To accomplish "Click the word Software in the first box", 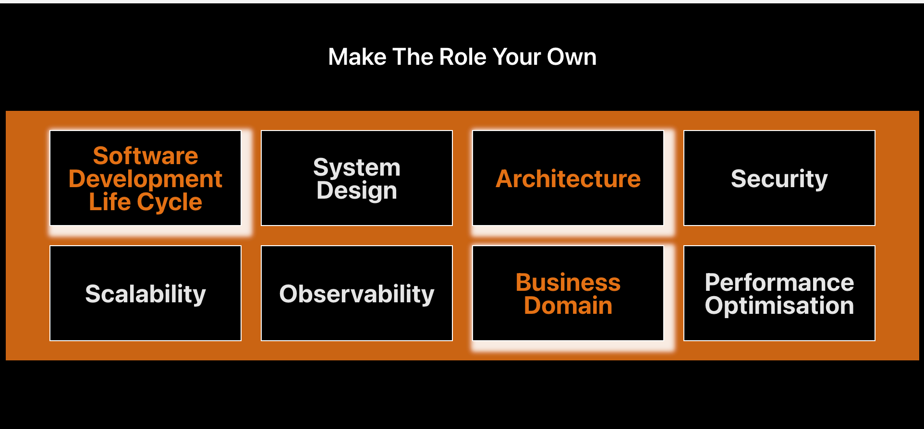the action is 146,156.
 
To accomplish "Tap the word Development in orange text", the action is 146,179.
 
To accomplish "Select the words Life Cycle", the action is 146,202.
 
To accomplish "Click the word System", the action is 357,167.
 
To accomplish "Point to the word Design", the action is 357,191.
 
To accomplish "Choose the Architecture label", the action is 568,179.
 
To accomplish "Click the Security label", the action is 779,179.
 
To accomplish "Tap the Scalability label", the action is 146,294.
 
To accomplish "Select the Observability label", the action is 357,294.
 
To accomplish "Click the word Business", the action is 568,282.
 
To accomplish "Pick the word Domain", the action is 568,306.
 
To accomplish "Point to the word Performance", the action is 779,282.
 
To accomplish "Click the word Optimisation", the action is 779,306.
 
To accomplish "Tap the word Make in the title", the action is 357,57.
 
